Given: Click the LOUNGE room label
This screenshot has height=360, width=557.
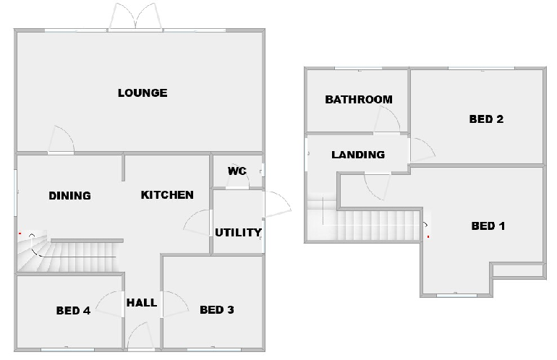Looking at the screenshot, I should (x=143, y=93).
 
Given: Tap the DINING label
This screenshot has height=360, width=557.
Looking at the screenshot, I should (x=69, y=195).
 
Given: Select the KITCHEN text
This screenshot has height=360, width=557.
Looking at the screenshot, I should (x=167, y=194).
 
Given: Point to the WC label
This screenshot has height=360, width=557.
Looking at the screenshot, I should (x=237, y=171).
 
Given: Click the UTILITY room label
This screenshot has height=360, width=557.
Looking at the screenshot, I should (x=238, y=232).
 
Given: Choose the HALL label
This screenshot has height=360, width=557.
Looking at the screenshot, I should (x=142, y=302).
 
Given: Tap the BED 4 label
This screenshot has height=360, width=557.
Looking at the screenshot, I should (x=73, y=311).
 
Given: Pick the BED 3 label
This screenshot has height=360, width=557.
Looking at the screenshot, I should (x=216, y=310).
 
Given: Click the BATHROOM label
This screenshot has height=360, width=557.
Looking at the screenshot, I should (x=359, y=99).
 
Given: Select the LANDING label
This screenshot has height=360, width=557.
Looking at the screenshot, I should (x=358, y=155).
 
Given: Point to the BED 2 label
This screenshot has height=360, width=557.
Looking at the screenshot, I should (x=486, y=119).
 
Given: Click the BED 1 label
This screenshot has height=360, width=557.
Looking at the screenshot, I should (x=488, y=226).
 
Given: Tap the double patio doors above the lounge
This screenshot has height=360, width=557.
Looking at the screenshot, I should (x=135, y=17).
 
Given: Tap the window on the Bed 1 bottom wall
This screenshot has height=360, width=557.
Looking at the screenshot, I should (x=457, y=295).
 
